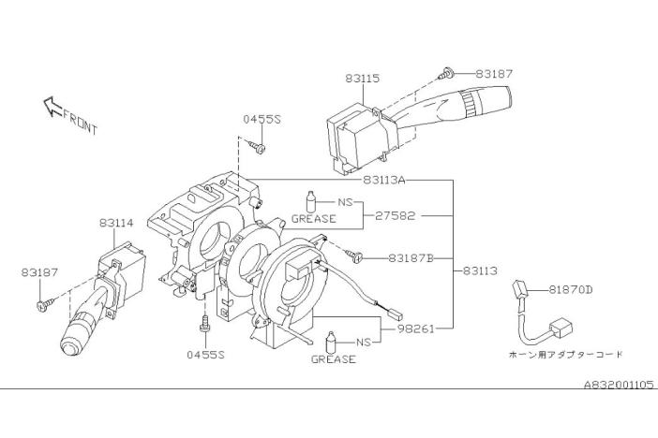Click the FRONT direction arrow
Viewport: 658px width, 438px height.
pos(52,106)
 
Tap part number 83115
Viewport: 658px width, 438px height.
pos(363,79)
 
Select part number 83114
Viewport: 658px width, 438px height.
pos(116,223)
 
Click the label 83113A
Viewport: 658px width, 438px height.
pos(384,181)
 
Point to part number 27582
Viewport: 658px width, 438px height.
pos(395,216)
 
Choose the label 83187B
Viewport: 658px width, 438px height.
pos(411,258)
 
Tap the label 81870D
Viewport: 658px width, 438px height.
pos(571,289)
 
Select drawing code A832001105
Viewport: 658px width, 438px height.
pos(619,385)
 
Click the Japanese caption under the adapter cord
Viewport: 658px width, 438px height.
pos(566,355)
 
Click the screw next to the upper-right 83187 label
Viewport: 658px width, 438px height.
pos(445,74)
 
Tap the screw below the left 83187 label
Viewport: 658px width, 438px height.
pos(46,304)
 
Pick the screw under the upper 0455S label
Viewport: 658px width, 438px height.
pos(257,147)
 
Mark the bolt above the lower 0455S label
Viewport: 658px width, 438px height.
pos(204,322)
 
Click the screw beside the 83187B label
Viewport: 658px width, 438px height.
pos(353,255)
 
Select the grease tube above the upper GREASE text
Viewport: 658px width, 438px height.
pos(311,201)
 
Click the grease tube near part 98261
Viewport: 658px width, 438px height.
pos(331,342)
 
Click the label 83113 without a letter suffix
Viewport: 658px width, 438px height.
pos(481,271)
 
